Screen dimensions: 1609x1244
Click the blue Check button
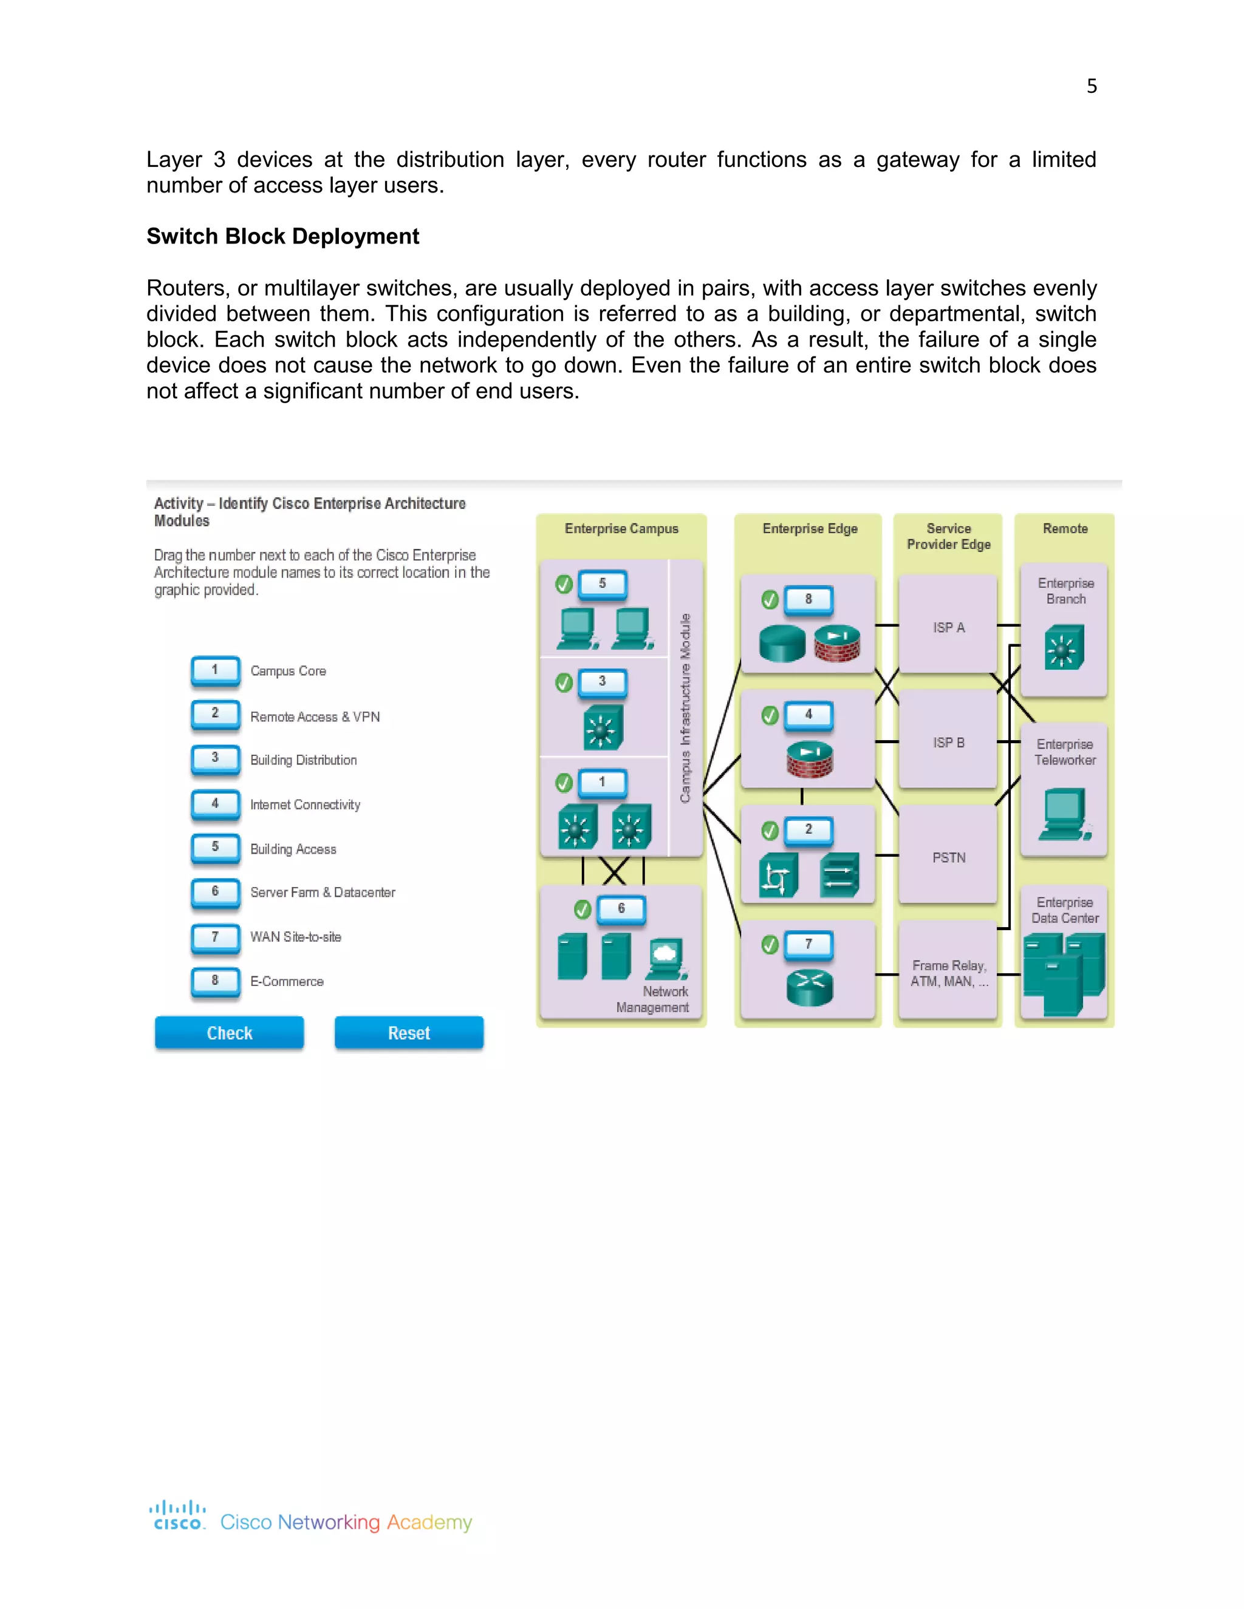point(229,1033)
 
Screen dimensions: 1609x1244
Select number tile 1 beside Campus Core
point(215,670)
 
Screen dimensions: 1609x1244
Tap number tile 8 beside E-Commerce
point(215,981)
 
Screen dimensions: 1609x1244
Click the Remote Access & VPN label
point(315,717)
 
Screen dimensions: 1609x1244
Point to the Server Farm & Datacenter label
point(323,892)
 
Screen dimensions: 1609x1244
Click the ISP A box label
point(948,628)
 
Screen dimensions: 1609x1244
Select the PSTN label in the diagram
point(948,857)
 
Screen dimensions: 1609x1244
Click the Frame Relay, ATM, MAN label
point(948,973)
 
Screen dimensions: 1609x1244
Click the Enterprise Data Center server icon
point(1064,973)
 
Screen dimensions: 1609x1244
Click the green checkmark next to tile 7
point(770,945)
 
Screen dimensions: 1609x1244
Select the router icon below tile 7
point(809,987)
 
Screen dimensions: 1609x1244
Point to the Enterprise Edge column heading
point(810,529)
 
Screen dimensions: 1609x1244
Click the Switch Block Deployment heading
point(282,236)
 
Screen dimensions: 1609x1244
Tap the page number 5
point(1092,87)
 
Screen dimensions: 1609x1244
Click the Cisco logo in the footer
point(177,1515)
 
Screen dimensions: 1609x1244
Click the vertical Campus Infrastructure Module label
point(685,707)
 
